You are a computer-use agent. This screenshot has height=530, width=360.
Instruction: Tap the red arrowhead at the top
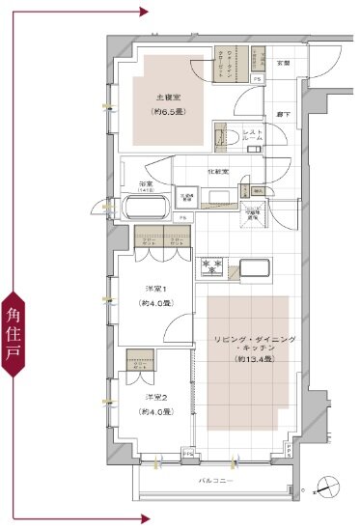(144, 12)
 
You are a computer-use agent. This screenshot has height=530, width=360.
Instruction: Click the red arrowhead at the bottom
(144, 518)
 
